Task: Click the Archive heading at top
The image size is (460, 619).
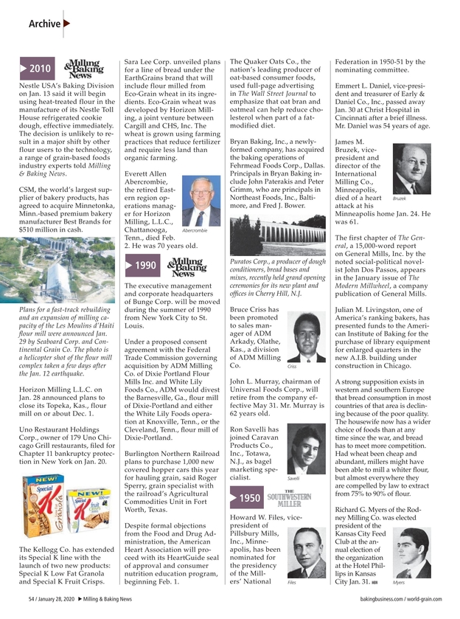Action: point(44,24)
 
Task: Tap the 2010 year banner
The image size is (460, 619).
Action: point(35,69)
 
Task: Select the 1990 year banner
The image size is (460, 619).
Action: point(141,266)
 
